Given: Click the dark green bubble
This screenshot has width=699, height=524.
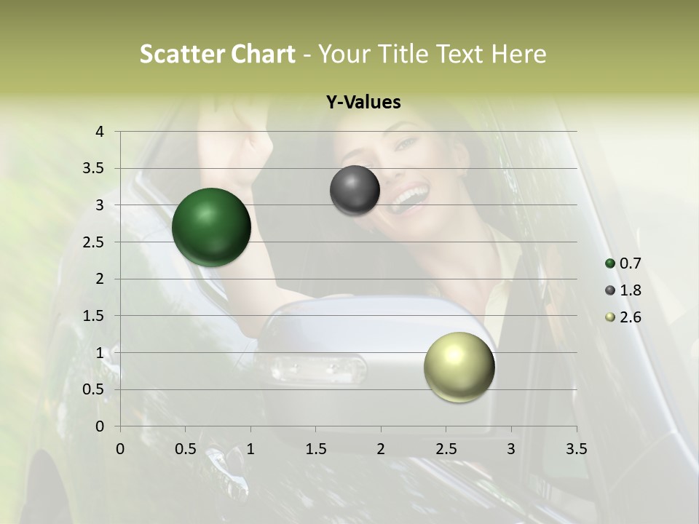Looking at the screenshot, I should click(211, 227).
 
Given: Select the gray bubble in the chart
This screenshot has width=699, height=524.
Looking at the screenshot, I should click(355, 191).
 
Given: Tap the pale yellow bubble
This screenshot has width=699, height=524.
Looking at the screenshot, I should click(459, 367).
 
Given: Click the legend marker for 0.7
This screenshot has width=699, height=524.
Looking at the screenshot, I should click(610, 263).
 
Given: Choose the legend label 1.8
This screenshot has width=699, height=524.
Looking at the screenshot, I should click(630, 290).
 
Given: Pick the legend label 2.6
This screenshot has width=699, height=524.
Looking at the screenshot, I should click(630, 317).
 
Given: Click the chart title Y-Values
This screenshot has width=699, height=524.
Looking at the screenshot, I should click(363, 103).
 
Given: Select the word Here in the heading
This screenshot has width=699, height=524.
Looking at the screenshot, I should click(518, 54).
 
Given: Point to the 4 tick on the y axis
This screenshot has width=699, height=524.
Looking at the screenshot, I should click(100, 132).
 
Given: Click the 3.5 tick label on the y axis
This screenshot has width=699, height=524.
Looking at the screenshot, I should click(94, 169).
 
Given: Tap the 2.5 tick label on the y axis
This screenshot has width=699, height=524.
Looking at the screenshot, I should click(94, 242).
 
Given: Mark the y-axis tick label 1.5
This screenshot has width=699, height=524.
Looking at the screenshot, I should click(94, 316).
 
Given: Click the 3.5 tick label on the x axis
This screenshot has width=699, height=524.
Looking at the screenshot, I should click(576, 449).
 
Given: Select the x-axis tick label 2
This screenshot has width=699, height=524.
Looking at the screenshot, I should click(381, 449).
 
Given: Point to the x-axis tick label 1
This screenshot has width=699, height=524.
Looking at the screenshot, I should click(250, 449).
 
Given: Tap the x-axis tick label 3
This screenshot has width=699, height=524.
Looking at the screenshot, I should click(511, 449).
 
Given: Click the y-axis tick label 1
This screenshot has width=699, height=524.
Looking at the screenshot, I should click(100, 353).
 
